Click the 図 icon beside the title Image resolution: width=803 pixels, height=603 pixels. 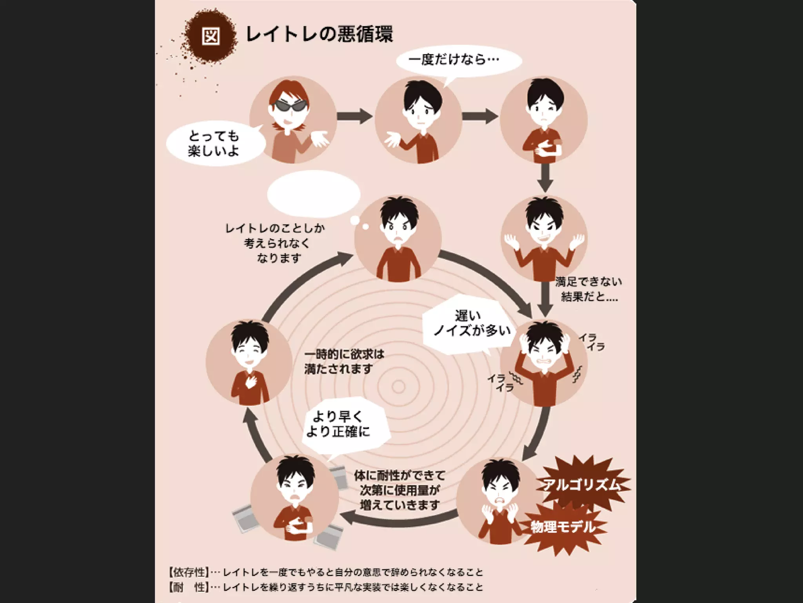(x=211, y=36)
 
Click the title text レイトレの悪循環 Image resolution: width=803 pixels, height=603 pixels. (x=319, y=35)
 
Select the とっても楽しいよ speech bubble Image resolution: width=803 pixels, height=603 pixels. (x=214, y=144)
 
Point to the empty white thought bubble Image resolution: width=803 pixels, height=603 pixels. (x=314, y=194)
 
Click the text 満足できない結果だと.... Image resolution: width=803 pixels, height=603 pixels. (x=588, y=289)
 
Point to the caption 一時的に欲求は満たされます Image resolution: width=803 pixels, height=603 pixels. (x=344, y=362)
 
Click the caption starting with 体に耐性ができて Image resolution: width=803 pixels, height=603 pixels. (x=399, y=490)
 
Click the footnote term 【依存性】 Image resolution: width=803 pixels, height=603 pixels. (x=188, y=572)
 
